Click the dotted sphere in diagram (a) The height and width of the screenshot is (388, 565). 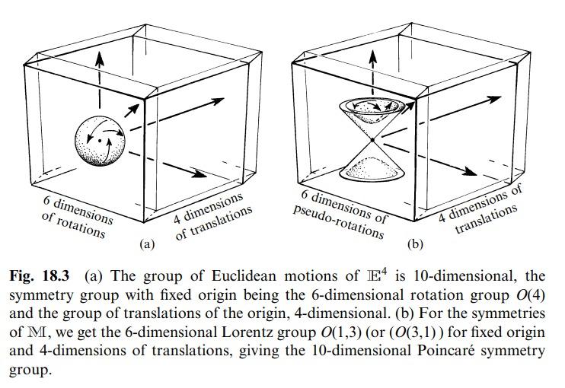pos(100,141)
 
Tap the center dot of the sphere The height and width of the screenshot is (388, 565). pos(99,141)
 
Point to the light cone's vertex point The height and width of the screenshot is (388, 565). pos(372,140)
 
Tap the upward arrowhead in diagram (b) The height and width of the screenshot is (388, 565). pos(373,58)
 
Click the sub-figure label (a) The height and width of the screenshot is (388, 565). pos(147,244)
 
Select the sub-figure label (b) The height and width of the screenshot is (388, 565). pos(415,244)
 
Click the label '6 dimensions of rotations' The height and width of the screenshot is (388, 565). pos(77,217)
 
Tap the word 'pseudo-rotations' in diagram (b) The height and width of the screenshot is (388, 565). pos(338,223)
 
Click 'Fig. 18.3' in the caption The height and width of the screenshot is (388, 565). pos(40,276)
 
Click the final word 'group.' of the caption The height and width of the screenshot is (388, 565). pos(30,370)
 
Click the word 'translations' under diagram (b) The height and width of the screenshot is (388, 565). pos(486,219)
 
